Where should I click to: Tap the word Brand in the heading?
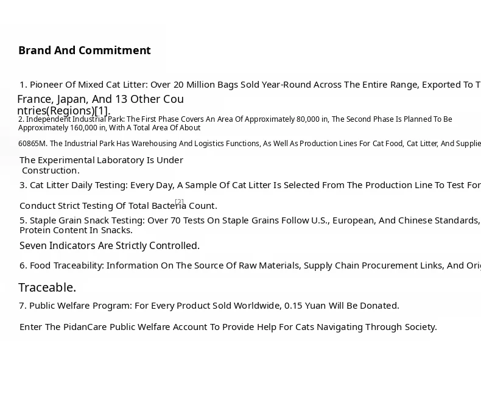(35, 51)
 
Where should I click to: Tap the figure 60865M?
(32, 144)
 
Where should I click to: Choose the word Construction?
(51, 170)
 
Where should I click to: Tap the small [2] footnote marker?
(179, 202)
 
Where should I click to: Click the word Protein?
(36, 230)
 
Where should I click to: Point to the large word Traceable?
(47, 287)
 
